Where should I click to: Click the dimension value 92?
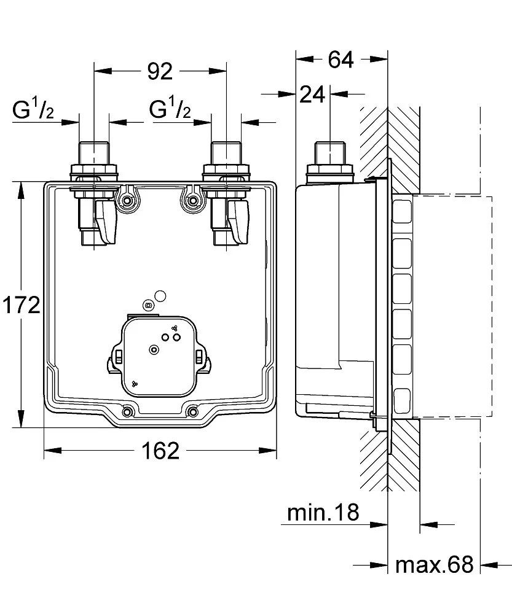159,72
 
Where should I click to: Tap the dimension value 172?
20,305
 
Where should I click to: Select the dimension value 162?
160,451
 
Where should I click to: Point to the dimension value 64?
341,60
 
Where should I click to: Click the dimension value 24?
312,95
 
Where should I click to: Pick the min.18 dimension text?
323,513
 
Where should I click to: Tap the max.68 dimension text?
434,564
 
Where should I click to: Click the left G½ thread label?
34,110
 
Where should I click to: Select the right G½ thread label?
170,110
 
